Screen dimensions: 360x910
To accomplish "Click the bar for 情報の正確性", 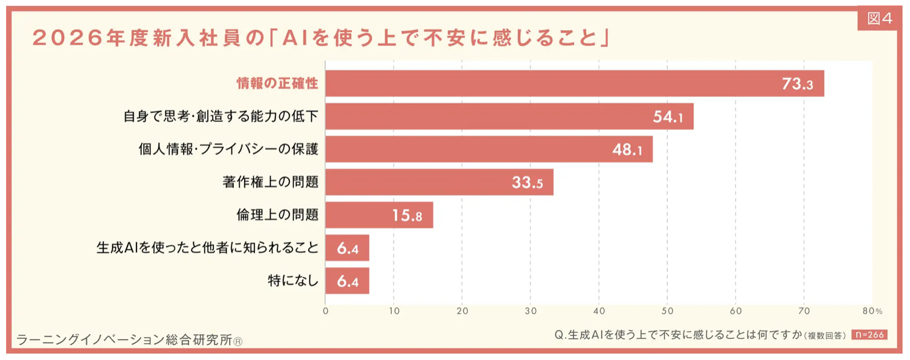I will coord(574,83).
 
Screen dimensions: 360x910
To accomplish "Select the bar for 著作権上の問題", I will coord(439,182).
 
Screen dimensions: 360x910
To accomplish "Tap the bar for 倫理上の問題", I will coord(379,215).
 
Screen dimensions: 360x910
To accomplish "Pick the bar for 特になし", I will coord(347,281).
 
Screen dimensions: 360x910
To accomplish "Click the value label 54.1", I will coord(668,117).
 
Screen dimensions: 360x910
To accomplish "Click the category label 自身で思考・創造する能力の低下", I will coord(221,117).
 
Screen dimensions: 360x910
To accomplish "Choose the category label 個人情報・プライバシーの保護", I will coord(228,149).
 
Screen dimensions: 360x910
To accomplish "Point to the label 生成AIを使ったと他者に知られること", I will coord(207,248).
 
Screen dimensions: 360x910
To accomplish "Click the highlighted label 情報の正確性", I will coord(277,83).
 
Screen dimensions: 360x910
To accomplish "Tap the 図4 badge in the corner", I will coord(879,19).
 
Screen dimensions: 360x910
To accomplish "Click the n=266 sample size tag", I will coord(869,335).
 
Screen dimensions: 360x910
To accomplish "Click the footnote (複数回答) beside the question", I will coord(825,336).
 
